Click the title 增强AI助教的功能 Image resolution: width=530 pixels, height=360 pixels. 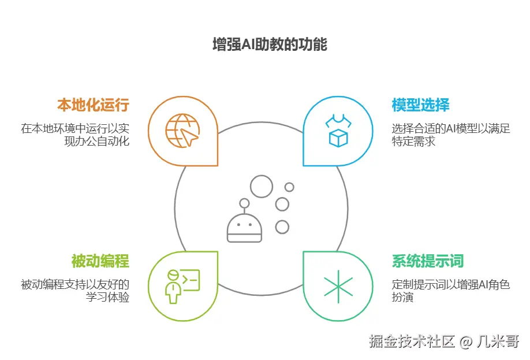(x=270, y=45)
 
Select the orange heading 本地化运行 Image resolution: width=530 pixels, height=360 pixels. (x=92, y=105)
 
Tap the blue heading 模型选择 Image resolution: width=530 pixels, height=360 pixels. (x=420, y=105)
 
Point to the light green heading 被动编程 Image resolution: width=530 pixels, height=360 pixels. (x=100, y=261)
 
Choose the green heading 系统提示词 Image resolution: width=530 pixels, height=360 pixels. (x=428, y=261)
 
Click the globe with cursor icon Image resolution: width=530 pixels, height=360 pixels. (x=182, y=131)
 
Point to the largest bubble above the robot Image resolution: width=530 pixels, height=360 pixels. (x=261, y=187)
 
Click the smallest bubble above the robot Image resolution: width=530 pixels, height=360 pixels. (x=289, y=187)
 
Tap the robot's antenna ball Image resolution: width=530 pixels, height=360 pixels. (x=244, y=203)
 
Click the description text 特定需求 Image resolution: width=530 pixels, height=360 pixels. (x=413, y=141)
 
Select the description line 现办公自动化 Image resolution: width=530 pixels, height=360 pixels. (x=97, y=141)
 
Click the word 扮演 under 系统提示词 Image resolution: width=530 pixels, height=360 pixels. (x=402, y=298)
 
